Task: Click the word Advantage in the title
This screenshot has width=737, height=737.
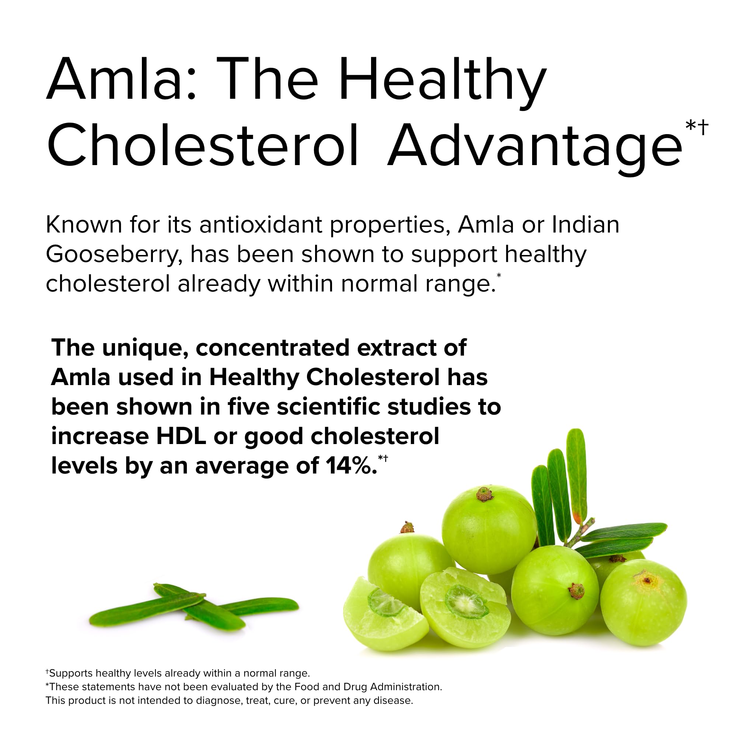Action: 534,147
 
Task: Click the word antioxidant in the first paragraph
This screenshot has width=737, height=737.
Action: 261,225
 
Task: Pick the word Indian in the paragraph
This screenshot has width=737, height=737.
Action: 586,225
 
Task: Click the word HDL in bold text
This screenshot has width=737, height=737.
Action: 181,436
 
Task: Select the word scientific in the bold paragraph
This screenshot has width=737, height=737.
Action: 328,407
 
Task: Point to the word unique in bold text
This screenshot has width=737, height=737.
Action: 144,348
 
